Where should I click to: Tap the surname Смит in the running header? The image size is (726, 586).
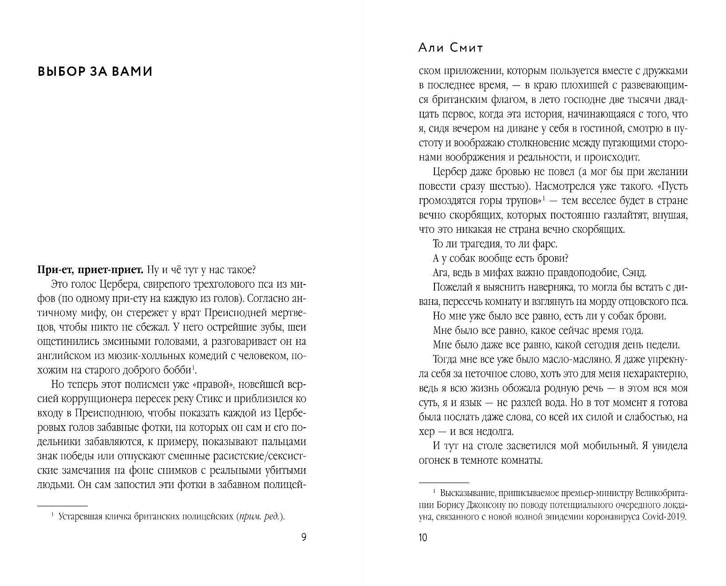[466, 48]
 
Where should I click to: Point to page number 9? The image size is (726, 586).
[304, 538]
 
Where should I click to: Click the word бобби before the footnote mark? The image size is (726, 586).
[178, 370]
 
